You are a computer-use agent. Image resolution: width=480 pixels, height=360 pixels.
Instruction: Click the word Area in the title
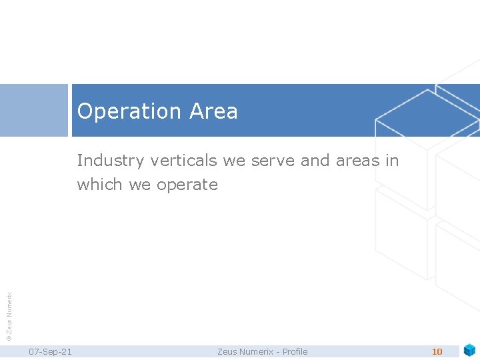(213, 111)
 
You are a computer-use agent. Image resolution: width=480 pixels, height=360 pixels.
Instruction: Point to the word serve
(273, 161)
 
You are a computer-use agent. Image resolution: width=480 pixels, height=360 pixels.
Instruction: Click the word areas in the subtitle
(358, 161)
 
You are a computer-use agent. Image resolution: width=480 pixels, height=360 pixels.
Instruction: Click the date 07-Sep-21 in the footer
(51, 351)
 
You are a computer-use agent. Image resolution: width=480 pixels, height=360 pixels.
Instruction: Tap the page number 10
(437, 351)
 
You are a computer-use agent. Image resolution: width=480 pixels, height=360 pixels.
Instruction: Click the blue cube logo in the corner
(469, 350)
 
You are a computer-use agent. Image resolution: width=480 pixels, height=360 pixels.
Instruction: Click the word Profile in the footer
(295, 351)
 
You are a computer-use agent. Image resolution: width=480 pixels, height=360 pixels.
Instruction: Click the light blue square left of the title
(34, 110)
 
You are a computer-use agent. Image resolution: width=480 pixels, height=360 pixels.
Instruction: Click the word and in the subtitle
(315, 161)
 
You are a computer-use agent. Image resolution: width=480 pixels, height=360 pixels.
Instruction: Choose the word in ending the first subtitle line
(392, 161)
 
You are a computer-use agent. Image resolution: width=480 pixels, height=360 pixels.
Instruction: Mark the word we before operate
(140, 185)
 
